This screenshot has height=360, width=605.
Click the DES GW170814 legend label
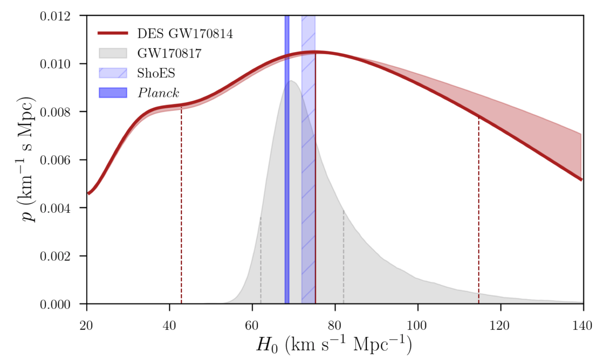[185, 33]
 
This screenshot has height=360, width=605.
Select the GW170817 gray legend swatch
[113, 53]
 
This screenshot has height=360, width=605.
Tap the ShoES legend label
[156, 73]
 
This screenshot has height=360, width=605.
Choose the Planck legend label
[158, 93]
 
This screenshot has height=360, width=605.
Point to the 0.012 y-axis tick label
[55, 16]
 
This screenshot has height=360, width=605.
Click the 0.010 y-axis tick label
[55, 64]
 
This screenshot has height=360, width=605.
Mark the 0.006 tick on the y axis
[55, 160]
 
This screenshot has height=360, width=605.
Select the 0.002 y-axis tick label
[55, 256]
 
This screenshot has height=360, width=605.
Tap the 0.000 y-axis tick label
[55, 305]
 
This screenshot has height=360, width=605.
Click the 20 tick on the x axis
[86, 326]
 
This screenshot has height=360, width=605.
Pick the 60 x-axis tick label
[252, 326]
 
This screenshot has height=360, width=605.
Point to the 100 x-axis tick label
[417, 326]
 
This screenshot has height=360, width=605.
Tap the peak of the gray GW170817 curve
[291, 81]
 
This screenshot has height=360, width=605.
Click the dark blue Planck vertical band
[287, 180]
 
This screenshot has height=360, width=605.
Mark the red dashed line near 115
[479, 216]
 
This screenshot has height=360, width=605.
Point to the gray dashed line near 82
[343, 259]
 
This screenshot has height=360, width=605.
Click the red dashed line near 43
[181, 209]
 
